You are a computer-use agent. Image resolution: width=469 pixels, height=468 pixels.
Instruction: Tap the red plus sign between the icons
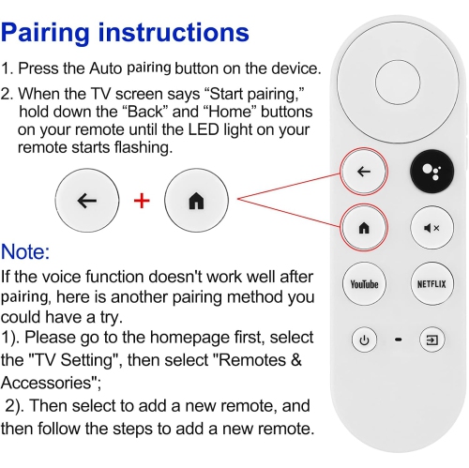tap(143, 202)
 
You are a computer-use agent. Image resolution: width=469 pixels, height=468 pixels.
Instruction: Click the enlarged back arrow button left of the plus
tap(86, 202)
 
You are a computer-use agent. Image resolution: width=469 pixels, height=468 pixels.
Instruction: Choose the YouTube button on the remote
tap(363, 283)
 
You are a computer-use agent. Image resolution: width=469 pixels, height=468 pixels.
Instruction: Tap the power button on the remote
tap(363, 339)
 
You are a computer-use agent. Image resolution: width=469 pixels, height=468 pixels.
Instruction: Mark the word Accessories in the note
tap(47, 382)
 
